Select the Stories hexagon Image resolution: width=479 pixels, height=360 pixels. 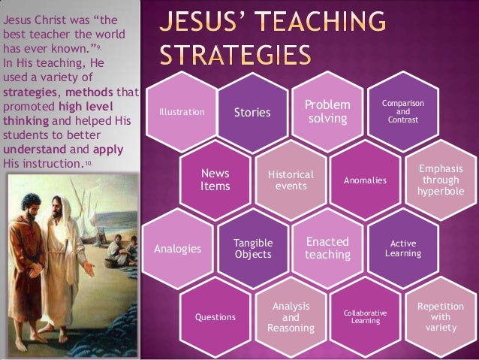[252, 113]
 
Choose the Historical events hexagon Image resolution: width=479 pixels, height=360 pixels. [291, 180]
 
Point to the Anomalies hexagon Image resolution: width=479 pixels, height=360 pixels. [365, 180]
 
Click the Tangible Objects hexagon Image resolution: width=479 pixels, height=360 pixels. [252, 249]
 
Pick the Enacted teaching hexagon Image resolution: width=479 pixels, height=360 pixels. [328, 248]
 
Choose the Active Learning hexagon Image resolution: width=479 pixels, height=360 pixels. [403, 249]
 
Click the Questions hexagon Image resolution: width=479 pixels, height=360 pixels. [215, 317]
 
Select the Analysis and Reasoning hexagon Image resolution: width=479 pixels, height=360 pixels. [291, 316]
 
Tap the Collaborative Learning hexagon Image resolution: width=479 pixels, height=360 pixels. [366, 316]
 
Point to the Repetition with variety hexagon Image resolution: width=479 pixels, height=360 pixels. [441, 316]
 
